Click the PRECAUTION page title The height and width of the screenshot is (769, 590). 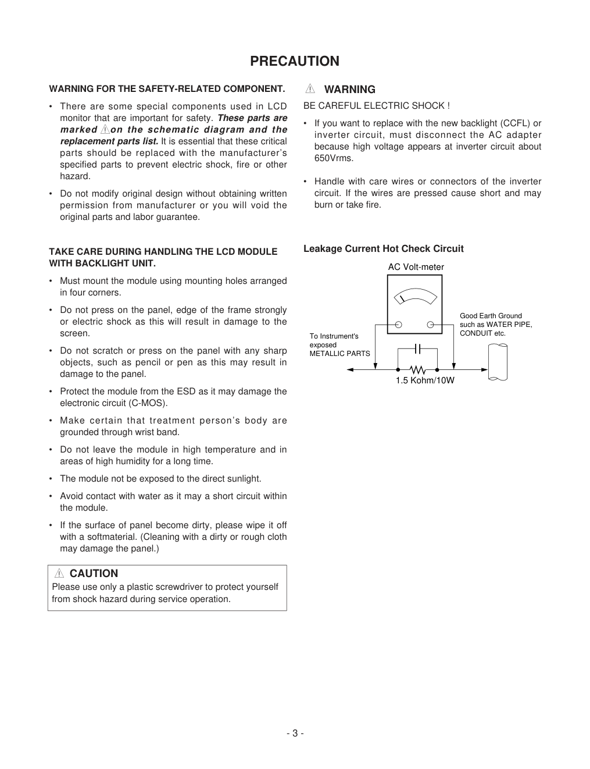(x=295, y=61)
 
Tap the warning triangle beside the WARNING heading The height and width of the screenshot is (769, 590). (x=310, y=89)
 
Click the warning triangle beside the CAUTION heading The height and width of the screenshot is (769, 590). (x=59, y=573)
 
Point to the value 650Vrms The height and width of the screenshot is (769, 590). (x=334, y=158)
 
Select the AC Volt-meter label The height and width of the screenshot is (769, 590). (x=416, y=267)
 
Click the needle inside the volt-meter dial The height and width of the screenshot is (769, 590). (x=401, y=299)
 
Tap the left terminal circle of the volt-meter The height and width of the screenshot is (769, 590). (x=399, y=325)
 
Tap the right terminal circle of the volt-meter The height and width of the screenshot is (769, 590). (x=430, y=325)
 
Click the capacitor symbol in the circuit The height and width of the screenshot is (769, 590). (x=417, y=348)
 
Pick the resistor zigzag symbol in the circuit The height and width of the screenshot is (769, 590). (x=417, y=369)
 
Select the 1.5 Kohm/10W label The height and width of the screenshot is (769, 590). (x=425, y=380)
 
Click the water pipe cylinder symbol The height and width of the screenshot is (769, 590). (x=498, y=362)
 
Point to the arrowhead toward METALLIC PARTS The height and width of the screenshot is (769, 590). (x=350, y=369)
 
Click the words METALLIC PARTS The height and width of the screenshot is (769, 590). (x=339, y=354)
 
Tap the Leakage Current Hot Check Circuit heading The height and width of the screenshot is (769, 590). (x=383, y=248)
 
